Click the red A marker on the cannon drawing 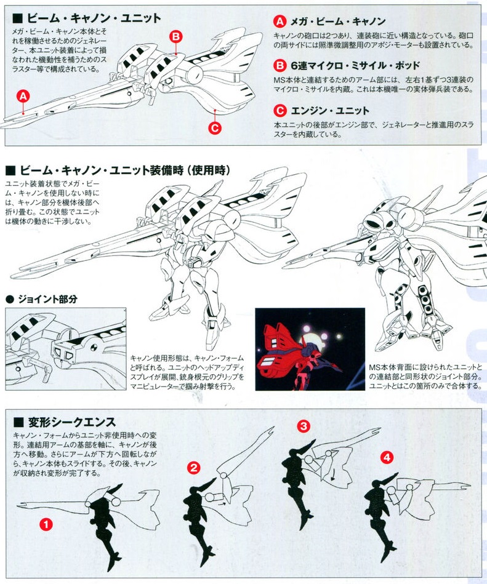(23, 97)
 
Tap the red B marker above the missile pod (176, 36)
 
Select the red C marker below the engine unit (215, 128)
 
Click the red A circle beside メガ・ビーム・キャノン (280, 21)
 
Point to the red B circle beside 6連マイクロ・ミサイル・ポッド (280, 66)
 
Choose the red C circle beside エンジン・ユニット (280, 111)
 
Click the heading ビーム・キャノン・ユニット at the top (87, 18)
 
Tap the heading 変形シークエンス (65, 422)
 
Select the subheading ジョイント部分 (42, 299)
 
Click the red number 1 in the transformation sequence (46, 525)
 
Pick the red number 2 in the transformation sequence (193, 468)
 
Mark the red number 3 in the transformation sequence (304, 426)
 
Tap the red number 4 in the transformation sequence (387, 457)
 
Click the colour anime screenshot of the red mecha (310, 349)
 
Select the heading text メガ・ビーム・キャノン (338, 21)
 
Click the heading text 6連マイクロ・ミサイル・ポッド (355, 66)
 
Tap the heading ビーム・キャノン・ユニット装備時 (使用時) (118, 170)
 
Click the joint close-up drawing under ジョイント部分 (66, 349)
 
